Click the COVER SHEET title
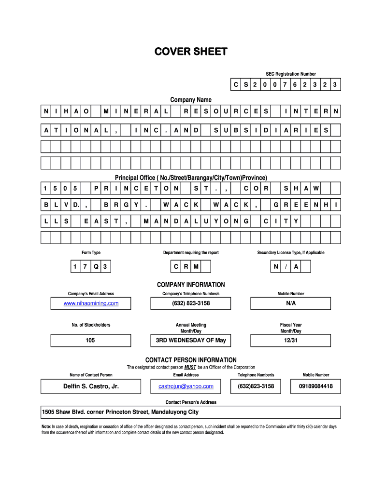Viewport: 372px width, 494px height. click(x=190, y=52)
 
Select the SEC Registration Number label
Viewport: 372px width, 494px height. click(x=290, y=74)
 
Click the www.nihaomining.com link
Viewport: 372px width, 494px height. click(x=91, y=303)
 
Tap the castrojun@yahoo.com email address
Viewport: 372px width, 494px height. click(x=186, y=386)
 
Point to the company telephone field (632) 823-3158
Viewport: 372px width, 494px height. click(x=191, y=303)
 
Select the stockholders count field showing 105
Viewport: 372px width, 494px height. click(x=90, y=341)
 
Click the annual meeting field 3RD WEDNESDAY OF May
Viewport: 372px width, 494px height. click(x=191, y=341)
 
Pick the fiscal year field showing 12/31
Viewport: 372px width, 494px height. click(x=290, y=341)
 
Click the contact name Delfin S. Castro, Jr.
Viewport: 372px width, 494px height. click(x=91, y=386)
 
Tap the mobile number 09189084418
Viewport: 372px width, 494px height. click(x=315, y=386)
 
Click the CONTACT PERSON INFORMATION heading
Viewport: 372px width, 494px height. click(x=191, y=360)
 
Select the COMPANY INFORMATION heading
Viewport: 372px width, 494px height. click(x=191, y=285)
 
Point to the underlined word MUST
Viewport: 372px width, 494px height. click(x=190, y=368)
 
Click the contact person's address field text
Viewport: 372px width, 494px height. click(x=120, y=412)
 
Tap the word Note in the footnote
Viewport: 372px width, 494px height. click(x=46, y=426)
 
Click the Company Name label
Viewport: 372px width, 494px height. click(x=191, y=100)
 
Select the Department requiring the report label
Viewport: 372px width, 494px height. click(x=191, y=253)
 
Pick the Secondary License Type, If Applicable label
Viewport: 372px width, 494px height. click(x=290, y=253)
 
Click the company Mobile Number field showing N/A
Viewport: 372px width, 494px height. click(x=290, y=303)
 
